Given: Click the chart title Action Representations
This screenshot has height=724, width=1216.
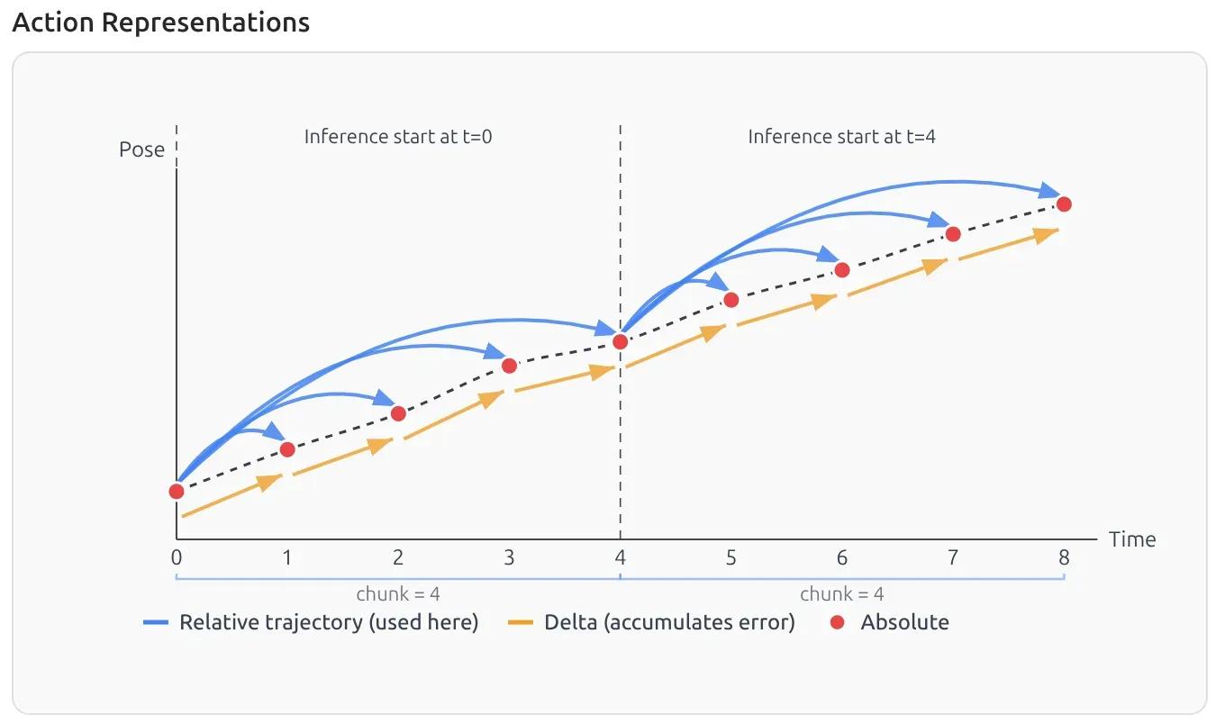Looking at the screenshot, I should coord(160,23).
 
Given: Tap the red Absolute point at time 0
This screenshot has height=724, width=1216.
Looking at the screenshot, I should coord(177,491).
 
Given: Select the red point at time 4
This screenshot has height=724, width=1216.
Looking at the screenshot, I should coord(620,341).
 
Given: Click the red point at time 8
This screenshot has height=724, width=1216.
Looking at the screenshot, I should coord(1063,204).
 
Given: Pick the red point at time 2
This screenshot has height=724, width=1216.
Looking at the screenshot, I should coord(398,413).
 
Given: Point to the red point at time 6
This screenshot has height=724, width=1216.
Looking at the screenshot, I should coord(842,269).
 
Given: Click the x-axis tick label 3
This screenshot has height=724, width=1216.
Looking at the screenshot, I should coord(509,558).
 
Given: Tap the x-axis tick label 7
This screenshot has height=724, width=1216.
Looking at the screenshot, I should coord(953,558).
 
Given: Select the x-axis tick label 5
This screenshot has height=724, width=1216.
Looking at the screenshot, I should coord(731,558).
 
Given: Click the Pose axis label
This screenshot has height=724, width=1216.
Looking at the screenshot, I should coord(141,149).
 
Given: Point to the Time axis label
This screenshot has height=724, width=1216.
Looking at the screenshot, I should coord(1132,539).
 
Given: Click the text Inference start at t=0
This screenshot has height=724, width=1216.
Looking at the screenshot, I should coord(398,137).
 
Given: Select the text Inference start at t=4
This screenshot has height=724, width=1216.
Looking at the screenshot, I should coord(841,137).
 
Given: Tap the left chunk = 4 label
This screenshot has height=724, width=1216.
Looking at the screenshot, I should coord(398,593).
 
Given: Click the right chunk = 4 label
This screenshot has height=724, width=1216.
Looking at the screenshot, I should coord(841,593).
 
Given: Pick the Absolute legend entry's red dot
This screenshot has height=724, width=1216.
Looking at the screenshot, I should coord(837,622).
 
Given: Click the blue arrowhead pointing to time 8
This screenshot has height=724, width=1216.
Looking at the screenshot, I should coord(1048,192).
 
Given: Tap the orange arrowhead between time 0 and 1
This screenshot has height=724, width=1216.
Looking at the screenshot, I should coord(267,482).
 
